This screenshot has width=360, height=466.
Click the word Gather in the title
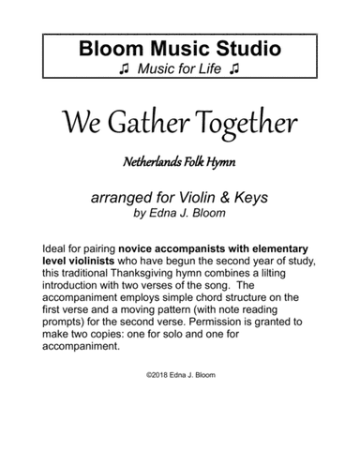pos(157,122)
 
